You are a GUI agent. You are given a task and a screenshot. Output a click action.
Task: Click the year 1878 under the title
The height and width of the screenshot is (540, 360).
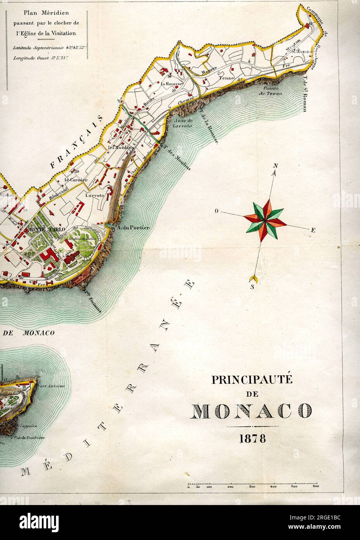[x=252, y=439]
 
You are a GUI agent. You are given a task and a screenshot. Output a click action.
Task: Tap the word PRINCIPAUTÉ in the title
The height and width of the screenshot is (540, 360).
[x=252, y=380]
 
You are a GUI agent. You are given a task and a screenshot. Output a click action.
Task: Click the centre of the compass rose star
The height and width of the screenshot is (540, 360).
[x=265, y=220]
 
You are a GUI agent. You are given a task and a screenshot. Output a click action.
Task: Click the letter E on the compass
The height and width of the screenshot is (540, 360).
[x=313, y=230]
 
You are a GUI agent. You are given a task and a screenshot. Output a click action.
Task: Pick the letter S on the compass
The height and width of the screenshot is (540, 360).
[x=252, y=287]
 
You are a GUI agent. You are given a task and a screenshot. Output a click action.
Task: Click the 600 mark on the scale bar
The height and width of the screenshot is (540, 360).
[x=315, y=486]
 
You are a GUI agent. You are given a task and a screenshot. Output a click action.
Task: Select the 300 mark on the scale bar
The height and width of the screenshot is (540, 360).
[x=252, y=486]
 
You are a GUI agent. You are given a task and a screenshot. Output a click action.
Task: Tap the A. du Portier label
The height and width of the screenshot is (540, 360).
[x=133, y=227]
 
